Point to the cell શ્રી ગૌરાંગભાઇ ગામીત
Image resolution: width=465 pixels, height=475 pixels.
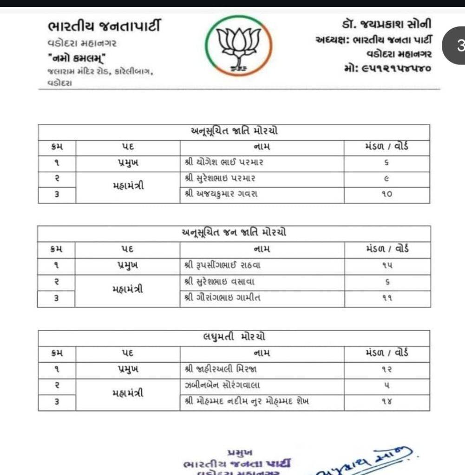tap(223, 298)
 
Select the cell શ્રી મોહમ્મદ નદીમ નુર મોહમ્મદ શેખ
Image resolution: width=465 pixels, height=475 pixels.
tap(247, 402)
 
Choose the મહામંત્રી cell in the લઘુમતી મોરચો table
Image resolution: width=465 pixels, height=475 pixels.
tap(128, 393)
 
